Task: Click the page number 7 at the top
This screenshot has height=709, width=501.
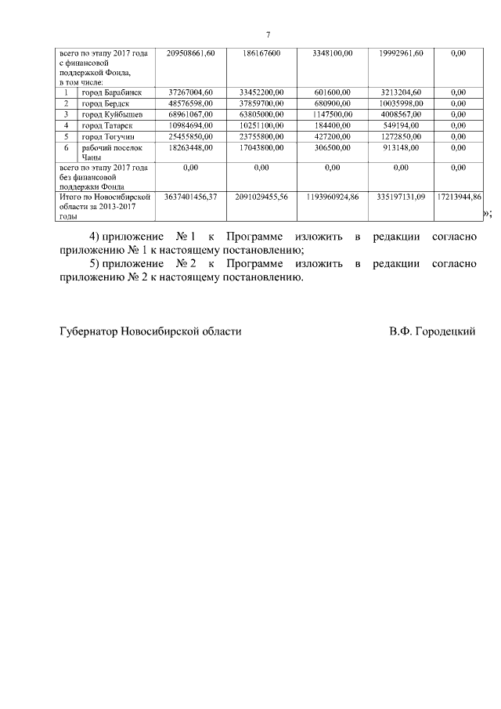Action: (x=268, y=35)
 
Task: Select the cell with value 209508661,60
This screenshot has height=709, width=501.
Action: (x=191, y=53)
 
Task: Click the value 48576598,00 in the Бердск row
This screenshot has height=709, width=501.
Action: (x=191, y=103)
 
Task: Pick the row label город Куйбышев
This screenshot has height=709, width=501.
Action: (x=113, y=114)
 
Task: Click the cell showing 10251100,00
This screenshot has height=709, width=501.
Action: (x=261, y=125)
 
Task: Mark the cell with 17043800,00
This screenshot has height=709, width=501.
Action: (x=261, y=147)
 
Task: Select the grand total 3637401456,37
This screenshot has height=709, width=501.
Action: (x=191, y=196)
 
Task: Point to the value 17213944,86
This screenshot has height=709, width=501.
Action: (x=459, y=196)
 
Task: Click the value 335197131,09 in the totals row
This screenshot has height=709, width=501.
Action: (x=400, y=196)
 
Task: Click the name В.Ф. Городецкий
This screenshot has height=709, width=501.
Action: (x=432, y=331)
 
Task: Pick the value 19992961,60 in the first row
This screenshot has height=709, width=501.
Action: (x=400, y=53)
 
